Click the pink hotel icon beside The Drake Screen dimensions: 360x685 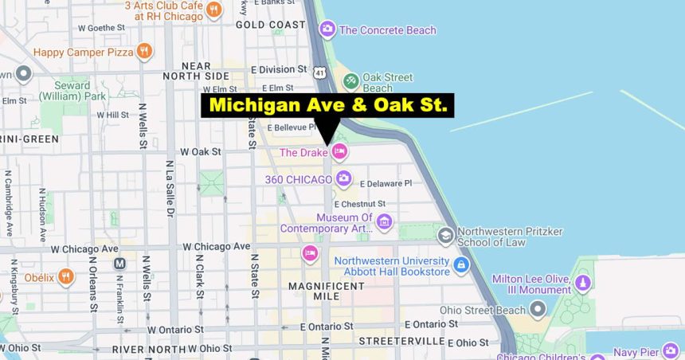[x=339, y=151]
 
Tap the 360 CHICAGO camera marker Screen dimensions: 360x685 [x=343, y=178]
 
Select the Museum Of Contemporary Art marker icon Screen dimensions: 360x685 [x=384, y=221]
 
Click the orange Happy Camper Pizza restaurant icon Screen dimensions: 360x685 [x=144, y=53]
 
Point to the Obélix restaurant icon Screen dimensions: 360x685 [x=66, y=277]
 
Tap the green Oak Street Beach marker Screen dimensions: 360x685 [x=350, y=80]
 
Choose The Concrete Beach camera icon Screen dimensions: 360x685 [x=327, y=30]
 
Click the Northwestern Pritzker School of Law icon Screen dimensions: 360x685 [x=446, y=235]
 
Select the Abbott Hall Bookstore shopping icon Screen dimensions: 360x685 [x=461, y=265]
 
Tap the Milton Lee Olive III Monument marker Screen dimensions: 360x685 [x=583, y=282]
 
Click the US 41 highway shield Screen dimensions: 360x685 [x=319, y=72]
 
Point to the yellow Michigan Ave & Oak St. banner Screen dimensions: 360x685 [x=327, y=105]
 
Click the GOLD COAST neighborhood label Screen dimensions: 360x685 [x=271, y=25]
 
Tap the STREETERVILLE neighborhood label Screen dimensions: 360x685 [x=401, y=341]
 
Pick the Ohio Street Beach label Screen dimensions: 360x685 [x=483, y=310]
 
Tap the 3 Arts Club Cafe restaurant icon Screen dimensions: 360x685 [x=213, y=10]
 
